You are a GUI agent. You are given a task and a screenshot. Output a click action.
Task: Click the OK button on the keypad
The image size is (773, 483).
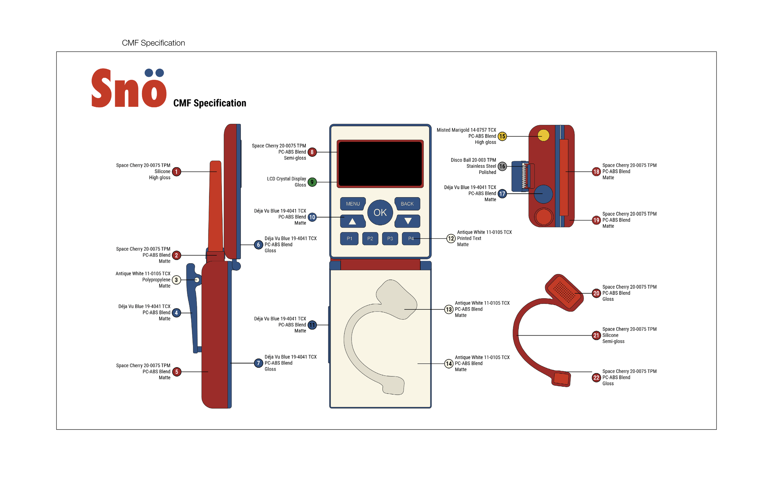(x=380, y=212)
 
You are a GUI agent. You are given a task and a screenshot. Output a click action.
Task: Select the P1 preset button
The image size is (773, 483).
(x=349, y=239)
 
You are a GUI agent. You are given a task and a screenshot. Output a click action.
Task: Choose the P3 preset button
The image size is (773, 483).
(x=390, y=239)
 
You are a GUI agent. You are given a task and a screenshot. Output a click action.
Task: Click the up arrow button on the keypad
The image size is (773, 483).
(x=352, y=221)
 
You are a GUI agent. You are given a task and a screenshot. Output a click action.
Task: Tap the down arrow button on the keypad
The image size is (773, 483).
(x=408, y=221)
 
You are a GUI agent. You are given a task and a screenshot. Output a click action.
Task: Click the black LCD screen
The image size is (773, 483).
(x=380, y=163)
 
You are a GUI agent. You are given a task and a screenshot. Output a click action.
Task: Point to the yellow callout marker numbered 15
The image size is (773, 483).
(x=502, y=136)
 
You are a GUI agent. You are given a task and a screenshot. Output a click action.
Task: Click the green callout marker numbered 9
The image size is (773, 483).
(x=312, y=182)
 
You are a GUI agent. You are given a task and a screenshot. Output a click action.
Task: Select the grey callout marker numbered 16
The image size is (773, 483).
(x=502, y=166)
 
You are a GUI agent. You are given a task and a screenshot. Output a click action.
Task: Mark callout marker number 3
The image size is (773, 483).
(x=176, y=280)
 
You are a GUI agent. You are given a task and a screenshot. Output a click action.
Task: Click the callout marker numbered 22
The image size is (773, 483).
(x=596, y=378)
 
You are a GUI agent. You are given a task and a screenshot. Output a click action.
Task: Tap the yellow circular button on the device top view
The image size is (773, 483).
(x=543, y=135)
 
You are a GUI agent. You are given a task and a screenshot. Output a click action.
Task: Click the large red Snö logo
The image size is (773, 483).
(x=129, y=88)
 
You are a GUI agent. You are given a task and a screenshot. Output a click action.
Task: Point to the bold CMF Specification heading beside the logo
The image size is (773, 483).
(x=210, y=103)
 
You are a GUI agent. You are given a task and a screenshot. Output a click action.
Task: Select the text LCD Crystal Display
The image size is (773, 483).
(x=286, y=179)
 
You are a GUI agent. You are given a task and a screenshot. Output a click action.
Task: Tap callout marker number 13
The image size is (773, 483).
(x=449, y=309)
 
